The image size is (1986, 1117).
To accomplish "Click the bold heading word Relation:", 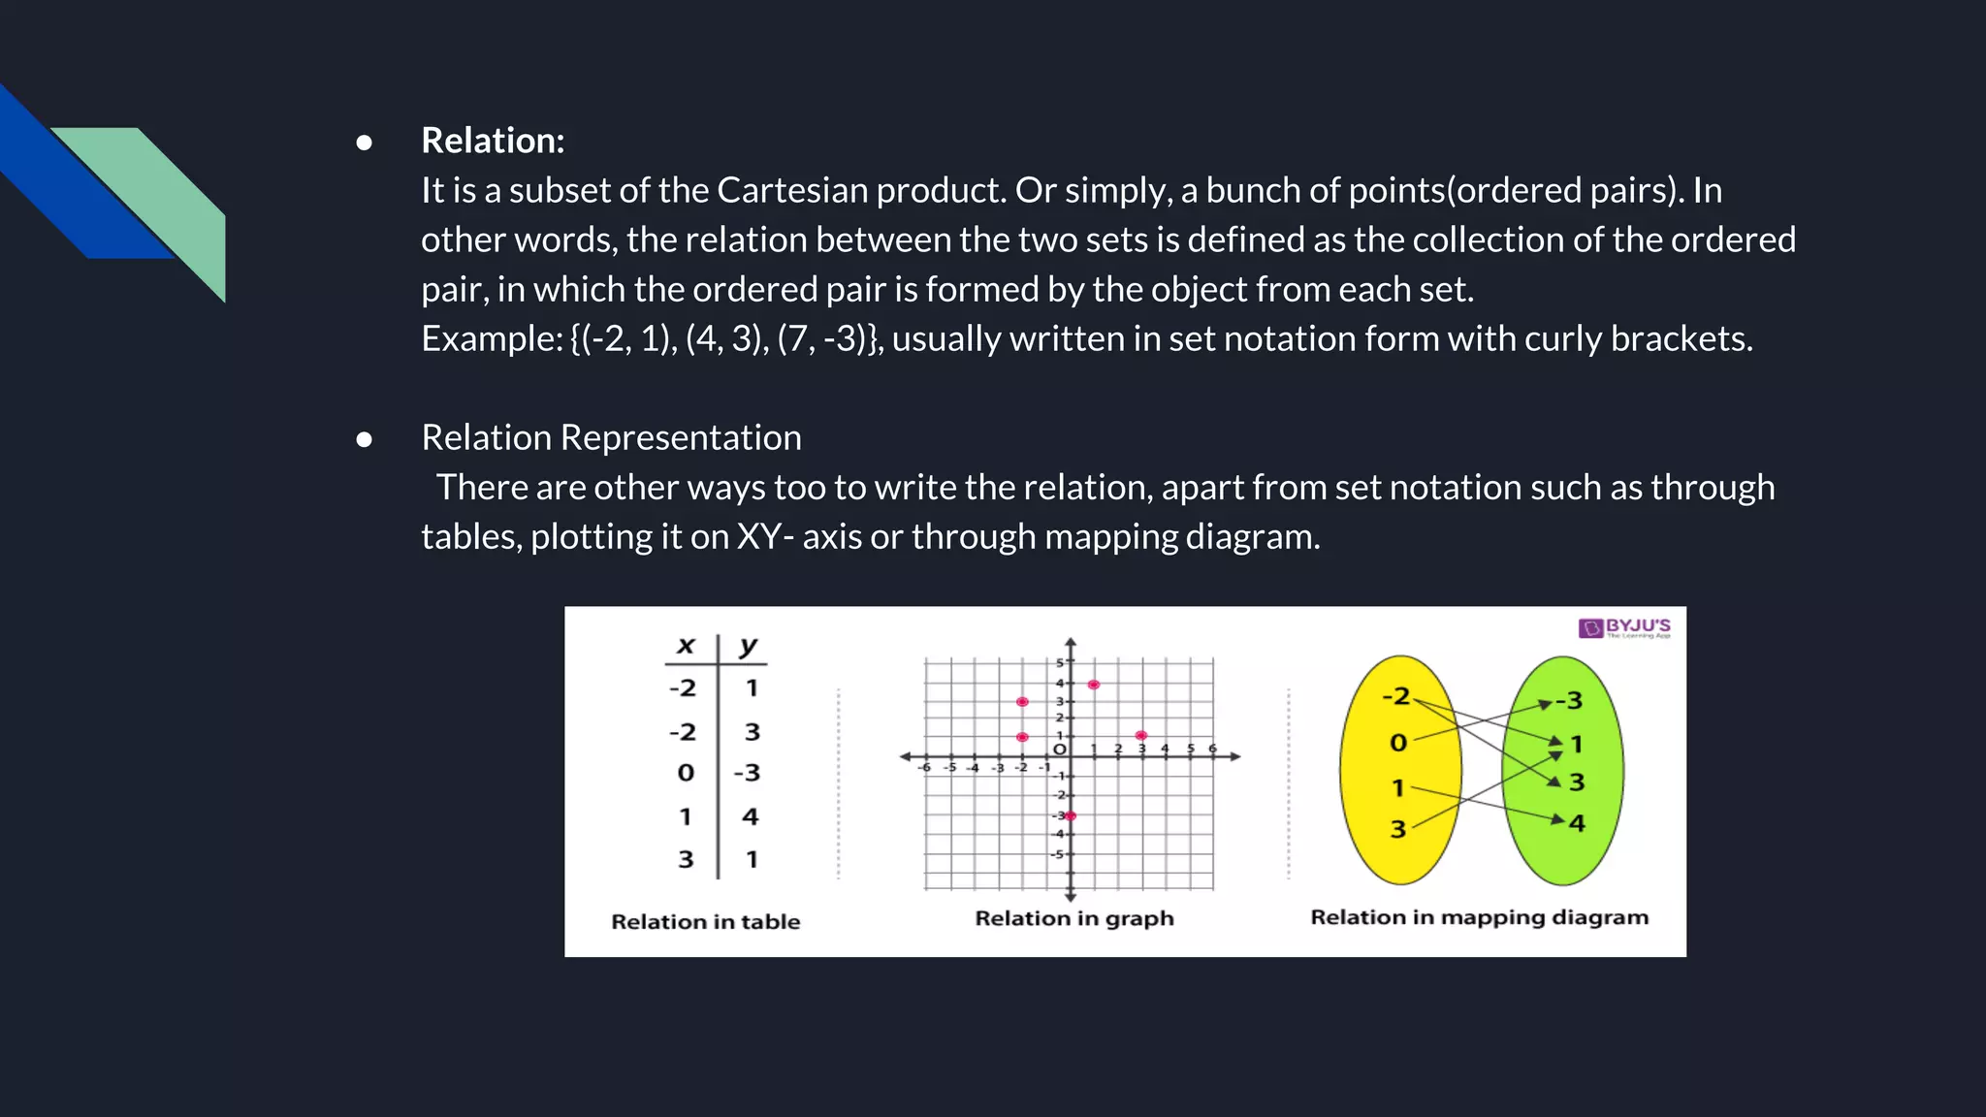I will tap(493, 142).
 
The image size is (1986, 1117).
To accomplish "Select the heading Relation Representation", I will tap(611, 438).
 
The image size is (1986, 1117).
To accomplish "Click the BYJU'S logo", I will tap(1624, 628).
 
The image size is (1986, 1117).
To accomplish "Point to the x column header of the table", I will tap(686, 646).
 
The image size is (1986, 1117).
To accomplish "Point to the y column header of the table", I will tap(748, 647).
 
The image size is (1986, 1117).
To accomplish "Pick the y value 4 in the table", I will tap(751, 817).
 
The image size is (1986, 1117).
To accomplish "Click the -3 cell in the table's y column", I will tap(747, 774).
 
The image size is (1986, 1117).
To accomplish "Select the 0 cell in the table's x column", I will tap(686, 774).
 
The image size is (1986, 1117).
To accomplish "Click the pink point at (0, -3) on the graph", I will tap(1071, 816).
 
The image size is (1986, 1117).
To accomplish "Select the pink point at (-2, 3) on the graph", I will tap(1022, 701).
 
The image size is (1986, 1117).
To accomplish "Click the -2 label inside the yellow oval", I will tap(1396, 696).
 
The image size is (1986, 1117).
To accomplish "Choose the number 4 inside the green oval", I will tap(1577, 824).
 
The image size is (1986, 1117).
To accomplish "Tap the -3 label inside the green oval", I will tap(1569, 701).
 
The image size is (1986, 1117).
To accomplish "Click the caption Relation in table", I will tap(705, 922).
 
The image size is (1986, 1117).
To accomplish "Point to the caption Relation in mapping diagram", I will tap(1479, 918).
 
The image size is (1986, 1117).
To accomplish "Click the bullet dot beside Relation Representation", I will tap(365, 440).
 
